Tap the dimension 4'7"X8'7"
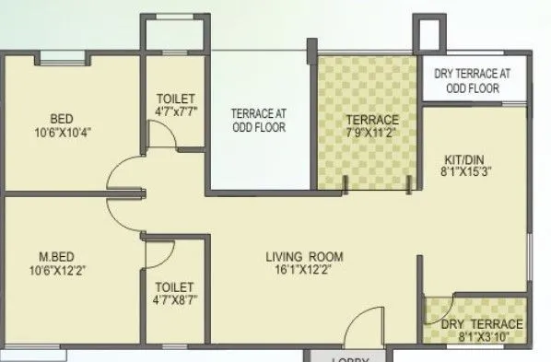(x=176, y=300)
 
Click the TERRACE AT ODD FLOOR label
(x=258, y=121)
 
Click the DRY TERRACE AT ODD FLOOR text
(x=475, y=81)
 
